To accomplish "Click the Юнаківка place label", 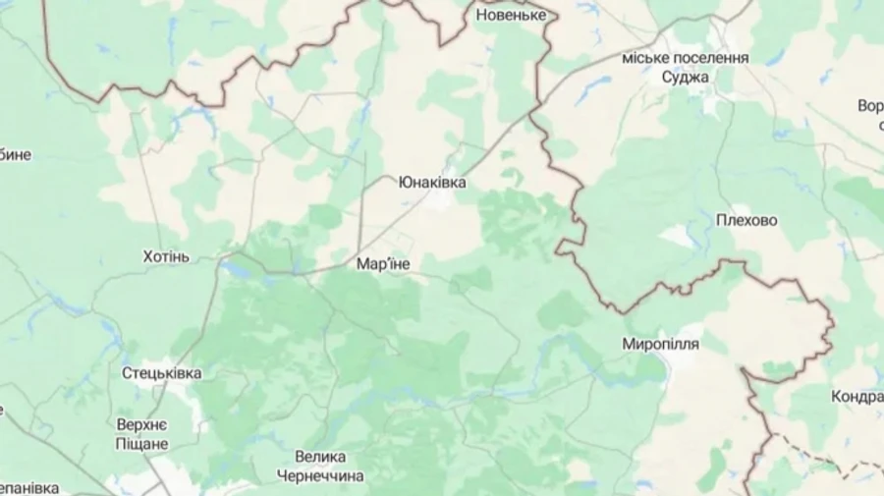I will coord(432,183).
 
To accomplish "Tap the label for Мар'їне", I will coord(383,264).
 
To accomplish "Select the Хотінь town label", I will coord(166,256).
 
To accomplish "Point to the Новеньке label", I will coord(509,16).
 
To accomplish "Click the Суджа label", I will coord(686,77).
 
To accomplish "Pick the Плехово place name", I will coord(746,221).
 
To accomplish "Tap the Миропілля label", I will coord(660,345).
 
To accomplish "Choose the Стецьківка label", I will coord(162,373).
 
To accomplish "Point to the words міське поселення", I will coord(686,58).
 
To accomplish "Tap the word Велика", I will coord(320,457).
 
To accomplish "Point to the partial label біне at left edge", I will coord(16,154).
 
